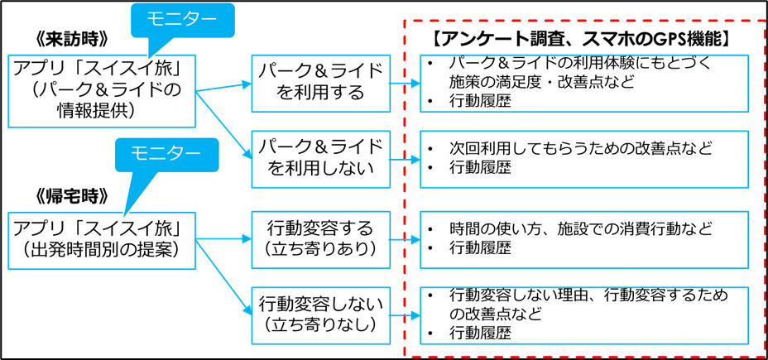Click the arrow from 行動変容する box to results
(404, 240)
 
